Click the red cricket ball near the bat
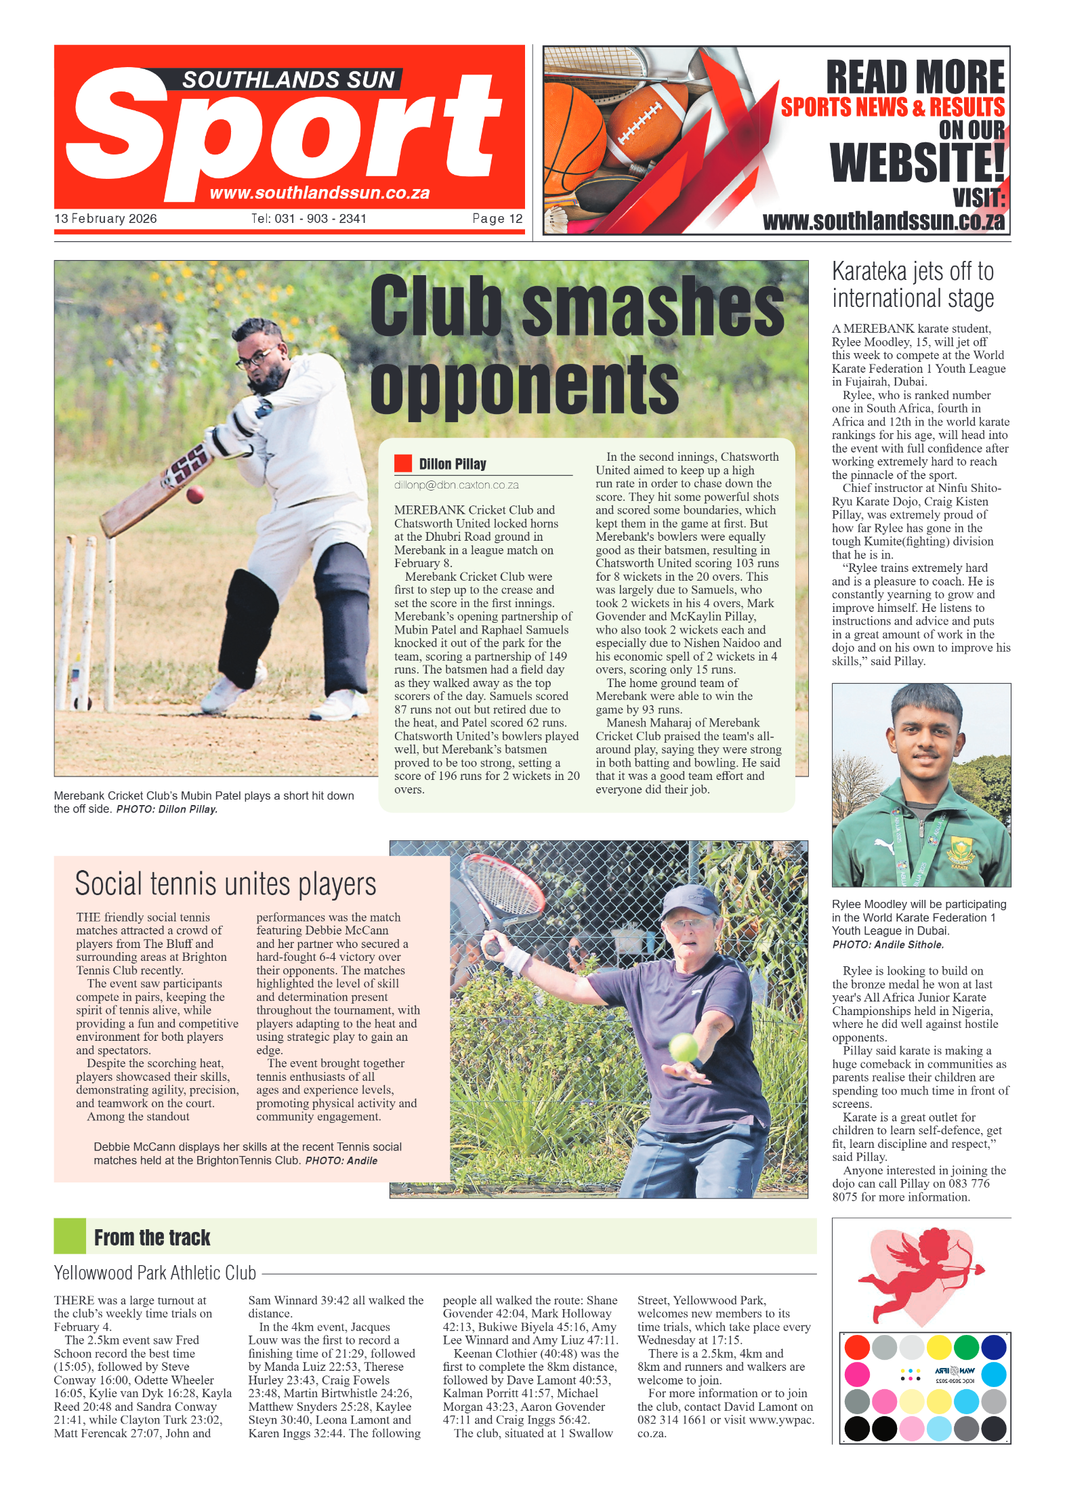coord(195,494)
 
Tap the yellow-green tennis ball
coord(684,1048)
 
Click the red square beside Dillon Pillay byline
coord(403,463)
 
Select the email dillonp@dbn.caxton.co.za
coord(456,485)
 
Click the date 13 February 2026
coord(106,219)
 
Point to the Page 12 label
coord(497,219)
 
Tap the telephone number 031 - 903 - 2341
coord(309,219)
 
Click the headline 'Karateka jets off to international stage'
coord(913,285)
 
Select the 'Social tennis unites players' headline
coord(225,884)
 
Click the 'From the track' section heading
coord(152,1238)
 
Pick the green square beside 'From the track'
coord(70,1235)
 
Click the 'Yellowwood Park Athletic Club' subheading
coord(155,1273)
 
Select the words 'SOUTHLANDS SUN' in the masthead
coord(288,80)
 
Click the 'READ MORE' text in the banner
coord(915,77)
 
